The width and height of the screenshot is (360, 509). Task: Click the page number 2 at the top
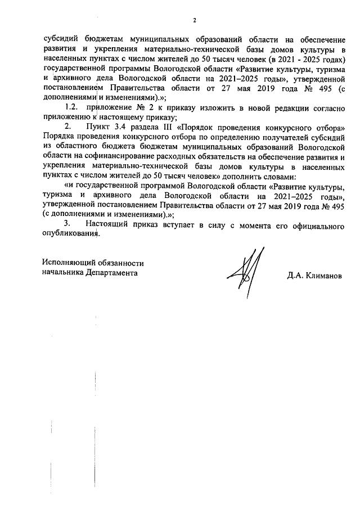(x=193, y=21)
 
